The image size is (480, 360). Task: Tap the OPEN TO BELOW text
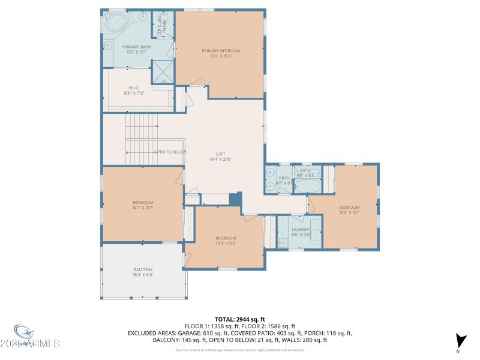click(x=170, y=152)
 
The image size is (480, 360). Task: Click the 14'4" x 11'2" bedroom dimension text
click(x=226, y=243)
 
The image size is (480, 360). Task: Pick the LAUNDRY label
click(x=301, y=229)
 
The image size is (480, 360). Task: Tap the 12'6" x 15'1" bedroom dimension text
click(x=349, y=212)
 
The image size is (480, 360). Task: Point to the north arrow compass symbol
click(x=460, y=340)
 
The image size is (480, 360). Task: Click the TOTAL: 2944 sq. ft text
click(x=239, y=319)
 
